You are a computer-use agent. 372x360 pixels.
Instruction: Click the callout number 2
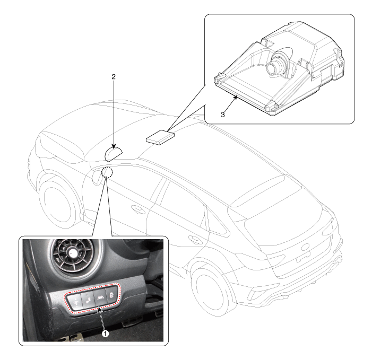114,76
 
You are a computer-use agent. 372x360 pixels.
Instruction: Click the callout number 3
222,115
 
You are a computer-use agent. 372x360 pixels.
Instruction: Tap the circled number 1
105,333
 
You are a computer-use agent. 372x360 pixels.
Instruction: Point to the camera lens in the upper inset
271,67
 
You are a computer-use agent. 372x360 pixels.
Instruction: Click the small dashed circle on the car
107,172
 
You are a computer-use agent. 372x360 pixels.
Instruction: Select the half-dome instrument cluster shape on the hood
114,154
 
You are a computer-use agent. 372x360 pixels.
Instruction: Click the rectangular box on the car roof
160,137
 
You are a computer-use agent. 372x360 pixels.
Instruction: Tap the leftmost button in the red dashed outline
74,302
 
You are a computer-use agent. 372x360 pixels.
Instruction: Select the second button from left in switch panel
88,299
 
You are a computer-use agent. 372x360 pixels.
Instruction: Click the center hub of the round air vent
72,253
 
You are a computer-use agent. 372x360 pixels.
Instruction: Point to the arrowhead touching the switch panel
100,309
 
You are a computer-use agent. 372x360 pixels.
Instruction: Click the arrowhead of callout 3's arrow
236,97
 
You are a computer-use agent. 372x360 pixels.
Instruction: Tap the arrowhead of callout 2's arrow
114,147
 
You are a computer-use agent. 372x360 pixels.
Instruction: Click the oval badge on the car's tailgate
306,247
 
